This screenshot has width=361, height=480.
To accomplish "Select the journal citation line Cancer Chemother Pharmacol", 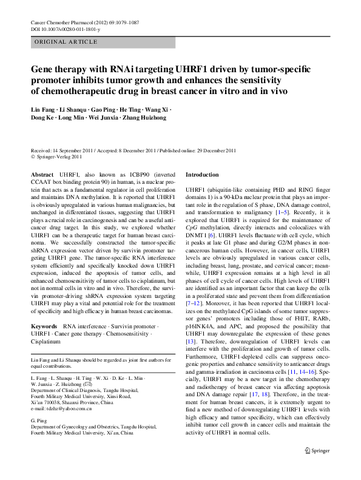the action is click(x=84, y=22).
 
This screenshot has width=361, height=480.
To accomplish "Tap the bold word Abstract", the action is click(x=42, y=174).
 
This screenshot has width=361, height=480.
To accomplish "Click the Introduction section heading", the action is click(x=202, y=174).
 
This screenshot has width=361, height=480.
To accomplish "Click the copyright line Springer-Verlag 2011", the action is click(x=59, y=155).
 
